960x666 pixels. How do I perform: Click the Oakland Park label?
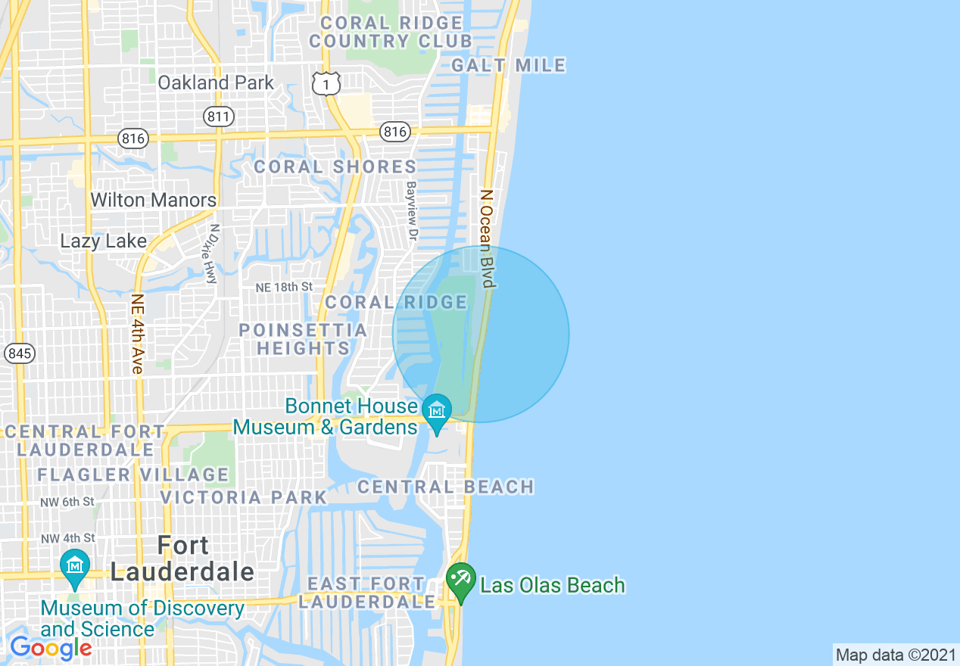point(216,82)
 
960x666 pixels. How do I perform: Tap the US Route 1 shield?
point(326,84)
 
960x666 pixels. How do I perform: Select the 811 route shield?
point(219,116)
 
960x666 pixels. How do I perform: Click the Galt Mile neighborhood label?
point(508,66)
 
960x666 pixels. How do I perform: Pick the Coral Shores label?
point(335,166)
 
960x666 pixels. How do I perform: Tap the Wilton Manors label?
point(153,201)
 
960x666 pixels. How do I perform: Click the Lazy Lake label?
point(104,241)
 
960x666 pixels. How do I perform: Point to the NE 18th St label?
point(284,288)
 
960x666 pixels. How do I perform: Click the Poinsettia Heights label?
point(303,339)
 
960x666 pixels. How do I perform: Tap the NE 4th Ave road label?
point(137,333)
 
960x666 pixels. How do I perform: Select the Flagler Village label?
point(133,475)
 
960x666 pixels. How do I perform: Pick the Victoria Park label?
point(244,497)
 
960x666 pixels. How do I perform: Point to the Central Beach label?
point(445,487)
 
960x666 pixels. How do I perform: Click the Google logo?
point(51,648)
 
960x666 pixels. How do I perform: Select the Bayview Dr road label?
point(411,211)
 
